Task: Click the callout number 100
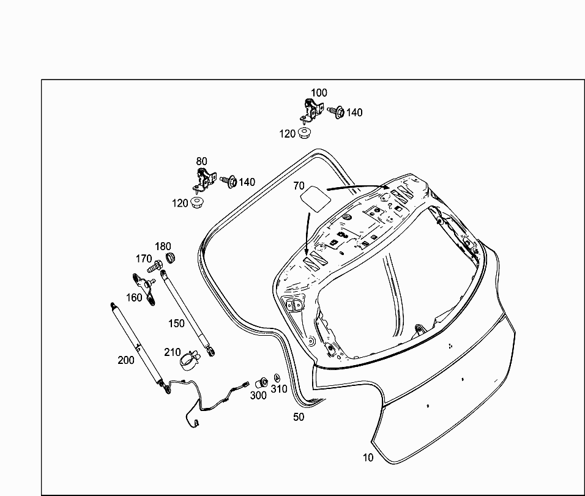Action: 319,93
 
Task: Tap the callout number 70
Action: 299,185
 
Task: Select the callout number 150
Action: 176,323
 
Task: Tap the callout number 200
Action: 126,360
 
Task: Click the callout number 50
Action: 299,417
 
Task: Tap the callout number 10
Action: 368,457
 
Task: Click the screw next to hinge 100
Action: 336,112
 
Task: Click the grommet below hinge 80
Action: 197,203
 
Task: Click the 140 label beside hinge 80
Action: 247,182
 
